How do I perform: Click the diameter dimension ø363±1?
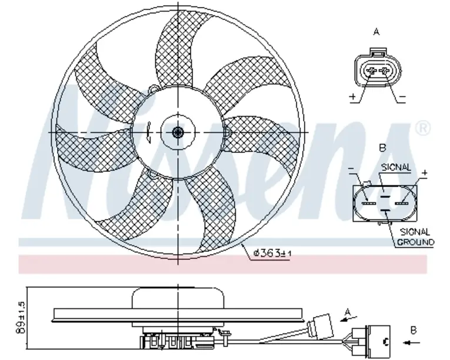pos(272,253)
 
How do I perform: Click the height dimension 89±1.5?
pos(21,318)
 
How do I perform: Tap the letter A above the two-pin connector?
pos(376,32)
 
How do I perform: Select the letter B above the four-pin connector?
pos(382,148)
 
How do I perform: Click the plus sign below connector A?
pos(353,96)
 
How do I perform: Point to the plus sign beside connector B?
pos(425,173)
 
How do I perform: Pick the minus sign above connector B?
pos(351,168)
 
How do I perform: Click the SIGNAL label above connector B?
pos(396,168)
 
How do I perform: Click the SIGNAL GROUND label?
pos(415,237)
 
